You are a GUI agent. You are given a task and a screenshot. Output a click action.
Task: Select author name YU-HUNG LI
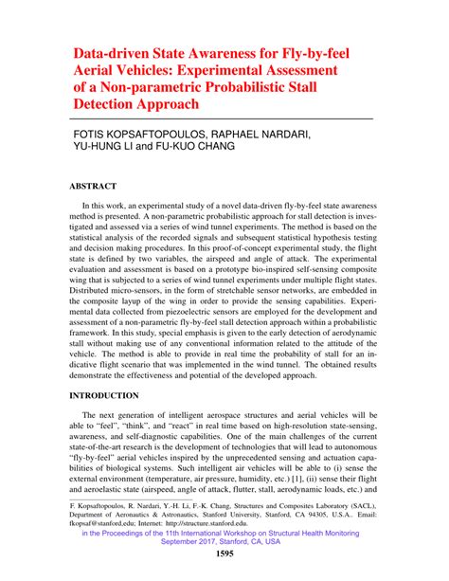(113, 149)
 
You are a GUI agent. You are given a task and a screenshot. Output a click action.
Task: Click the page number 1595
(225, 554)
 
